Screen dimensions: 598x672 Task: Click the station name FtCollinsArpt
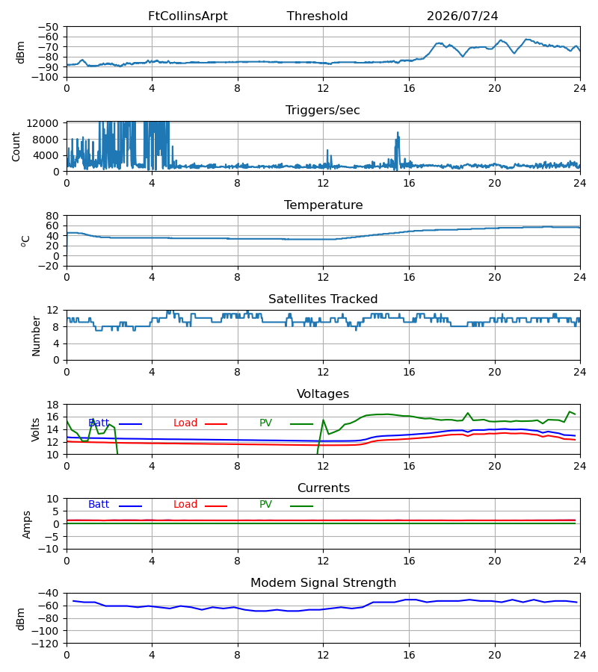coord(188,16)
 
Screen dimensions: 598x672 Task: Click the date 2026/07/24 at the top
coord(463,16)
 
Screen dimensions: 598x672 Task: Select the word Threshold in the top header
coord(317,16)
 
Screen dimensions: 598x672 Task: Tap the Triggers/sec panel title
coord(323,111)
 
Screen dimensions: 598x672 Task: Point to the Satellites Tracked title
coord(323,299)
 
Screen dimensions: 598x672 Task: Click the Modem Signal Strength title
coord(323,583)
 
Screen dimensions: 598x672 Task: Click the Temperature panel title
coord(323,205)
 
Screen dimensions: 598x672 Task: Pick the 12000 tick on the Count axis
coord(43,123)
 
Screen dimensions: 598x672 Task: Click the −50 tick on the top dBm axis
coord(48,27)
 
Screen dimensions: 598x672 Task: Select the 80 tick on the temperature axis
coord(52,216)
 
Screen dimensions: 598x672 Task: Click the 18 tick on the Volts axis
coord(52,405)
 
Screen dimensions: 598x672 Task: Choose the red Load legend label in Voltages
coord(185,423)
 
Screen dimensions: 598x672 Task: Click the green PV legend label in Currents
coord(265,505)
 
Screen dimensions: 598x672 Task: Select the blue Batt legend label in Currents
coord(99,505)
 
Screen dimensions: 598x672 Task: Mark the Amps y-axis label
coord(27,525)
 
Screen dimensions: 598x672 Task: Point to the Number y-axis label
coord(36,337)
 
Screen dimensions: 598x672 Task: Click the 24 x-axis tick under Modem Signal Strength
coord(580,656)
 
